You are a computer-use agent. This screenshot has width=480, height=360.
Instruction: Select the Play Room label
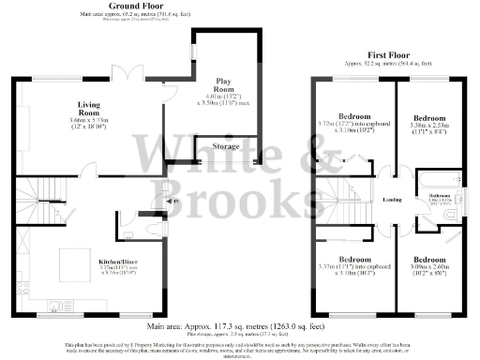point(223,82)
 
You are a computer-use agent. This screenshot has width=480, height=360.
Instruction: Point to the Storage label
point(226,146)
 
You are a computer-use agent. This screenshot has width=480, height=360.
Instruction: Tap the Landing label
point(392,200)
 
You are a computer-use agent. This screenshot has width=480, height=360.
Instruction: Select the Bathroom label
point(440,195)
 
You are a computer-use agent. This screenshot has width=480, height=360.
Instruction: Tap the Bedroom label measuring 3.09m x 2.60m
point(438,259)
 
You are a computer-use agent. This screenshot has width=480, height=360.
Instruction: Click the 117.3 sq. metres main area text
point(240,325)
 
